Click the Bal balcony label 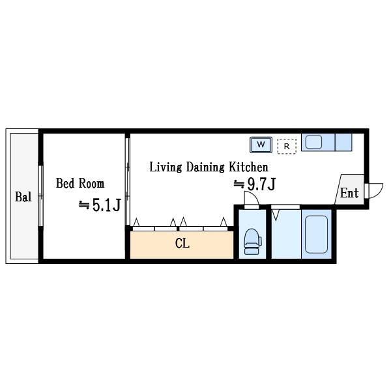tap(23, 197)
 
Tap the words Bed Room tap(80, 183)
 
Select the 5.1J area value tap(106, 205)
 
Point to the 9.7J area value tap(261, 184)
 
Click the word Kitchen tap(249, 167)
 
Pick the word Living tap(166, 167)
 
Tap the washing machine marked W tap(261, 145)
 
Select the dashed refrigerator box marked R tap(287, 146)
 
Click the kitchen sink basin tap(313, 142)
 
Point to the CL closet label tap(182, 243)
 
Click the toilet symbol tap(252, 241)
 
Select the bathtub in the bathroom tap(317, 234)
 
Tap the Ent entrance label tap(349, 193)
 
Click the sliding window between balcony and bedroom tap(40, 195)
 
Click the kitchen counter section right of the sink tap(343, 142)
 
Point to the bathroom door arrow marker tap(276, 216)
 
